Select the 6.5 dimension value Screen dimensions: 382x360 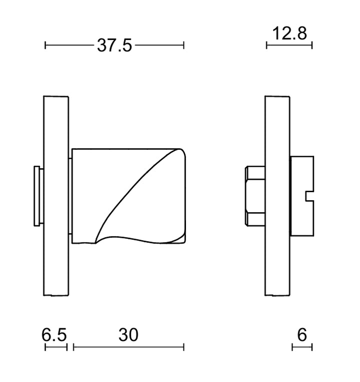coord(54,335)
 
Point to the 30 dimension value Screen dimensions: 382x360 coord(128,335)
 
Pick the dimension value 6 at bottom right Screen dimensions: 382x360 coord(301,335)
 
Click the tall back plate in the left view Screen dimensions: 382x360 coord(56,195)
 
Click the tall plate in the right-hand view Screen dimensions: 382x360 coord(277,195)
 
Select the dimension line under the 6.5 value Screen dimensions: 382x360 coord(55,347)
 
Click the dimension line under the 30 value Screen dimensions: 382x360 coord(128,347)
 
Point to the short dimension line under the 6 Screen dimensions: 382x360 coord(302,347)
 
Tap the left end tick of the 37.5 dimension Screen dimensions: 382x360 coord(45,46)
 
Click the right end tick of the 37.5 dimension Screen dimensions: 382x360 coord(184,46)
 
